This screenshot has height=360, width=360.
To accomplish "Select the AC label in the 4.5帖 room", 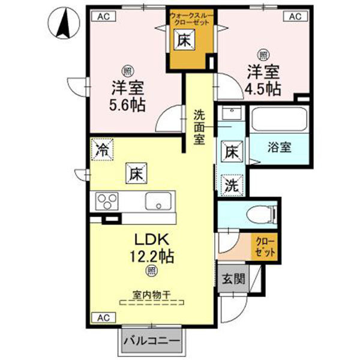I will (x=295, y=17).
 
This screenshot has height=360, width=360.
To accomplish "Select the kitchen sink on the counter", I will (x=159, y=200).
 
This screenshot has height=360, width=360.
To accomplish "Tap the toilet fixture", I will (x=258, y=213).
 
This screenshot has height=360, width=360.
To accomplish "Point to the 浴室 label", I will (x=279, y=147).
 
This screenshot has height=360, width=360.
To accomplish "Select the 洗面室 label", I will (x=199, y=126).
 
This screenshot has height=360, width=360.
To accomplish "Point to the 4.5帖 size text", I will (x=263, y=88).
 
